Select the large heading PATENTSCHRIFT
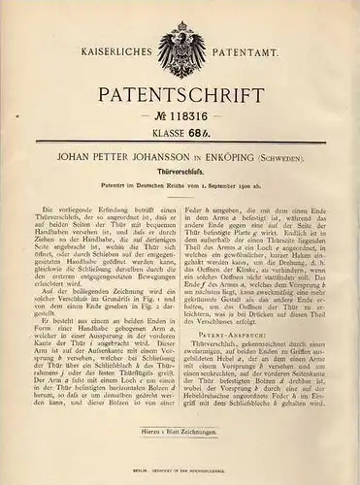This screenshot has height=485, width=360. (181, 102)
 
